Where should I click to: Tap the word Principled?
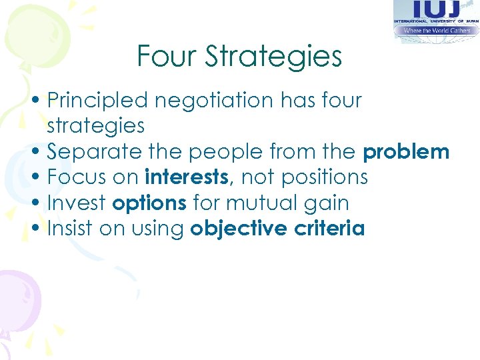point(97,101)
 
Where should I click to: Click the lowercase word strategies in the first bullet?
point(96,126)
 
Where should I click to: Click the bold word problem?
point(406,152)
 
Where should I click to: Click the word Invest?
point(77,203)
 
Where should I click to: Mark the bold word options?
point(149,203)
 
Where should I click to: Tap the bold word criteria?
point(333,229)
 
